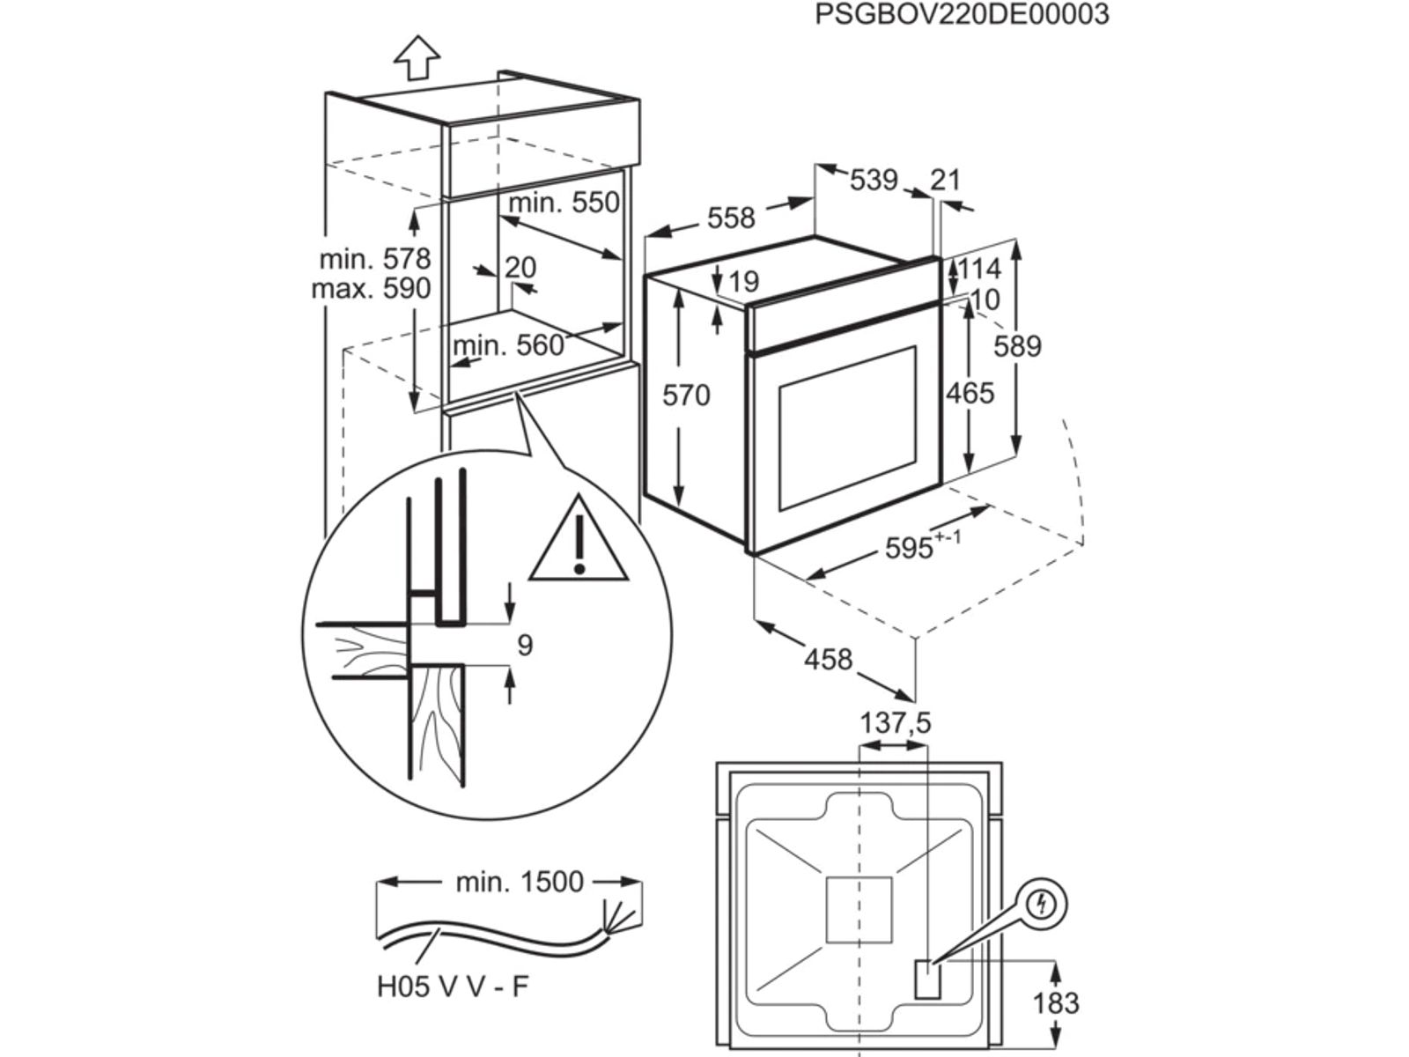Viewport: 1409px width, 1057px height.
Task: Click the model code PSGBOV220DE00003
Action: coord(961,15)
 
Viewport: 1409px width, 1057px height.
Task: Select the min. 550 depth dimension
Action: coord(564,203)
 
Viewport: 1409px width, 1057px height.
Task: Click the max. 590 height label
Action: coord(371,288)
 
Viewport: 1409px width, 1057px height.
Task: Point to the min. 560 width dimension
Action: coord(508,344)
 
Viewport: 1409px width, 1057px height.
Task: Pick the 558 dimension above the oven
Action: coord(731,218)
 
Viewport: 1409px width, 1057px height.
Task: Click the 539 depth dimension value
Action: coord(874,180)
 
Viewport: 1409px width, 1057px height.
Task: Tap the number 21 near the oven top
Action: coord(945,180)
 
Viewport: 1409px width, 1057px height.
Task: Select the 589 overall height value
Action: coord(1017,346)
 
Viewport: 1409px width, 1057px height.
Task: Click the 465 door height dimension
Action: coord(970,393)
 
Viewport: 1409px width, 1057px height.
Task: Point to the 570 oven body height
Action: coord(686,395)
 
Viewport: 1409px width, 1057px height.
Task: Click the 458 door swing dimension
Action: coord(829,659)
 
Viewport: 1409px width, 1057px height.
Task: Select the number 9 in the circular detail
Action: coord(525,646)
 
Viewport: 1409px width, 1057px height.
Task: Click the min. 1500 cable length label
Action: coord(520,882)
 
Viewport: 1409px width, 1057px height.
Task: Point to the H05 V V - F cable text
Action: coord(453,1011)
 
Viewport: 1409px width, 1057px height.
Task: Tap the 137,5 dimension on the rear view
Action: coord(895,723)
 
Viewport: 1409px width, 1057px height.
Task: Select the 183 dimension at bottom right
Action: coord(1055,1003)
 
